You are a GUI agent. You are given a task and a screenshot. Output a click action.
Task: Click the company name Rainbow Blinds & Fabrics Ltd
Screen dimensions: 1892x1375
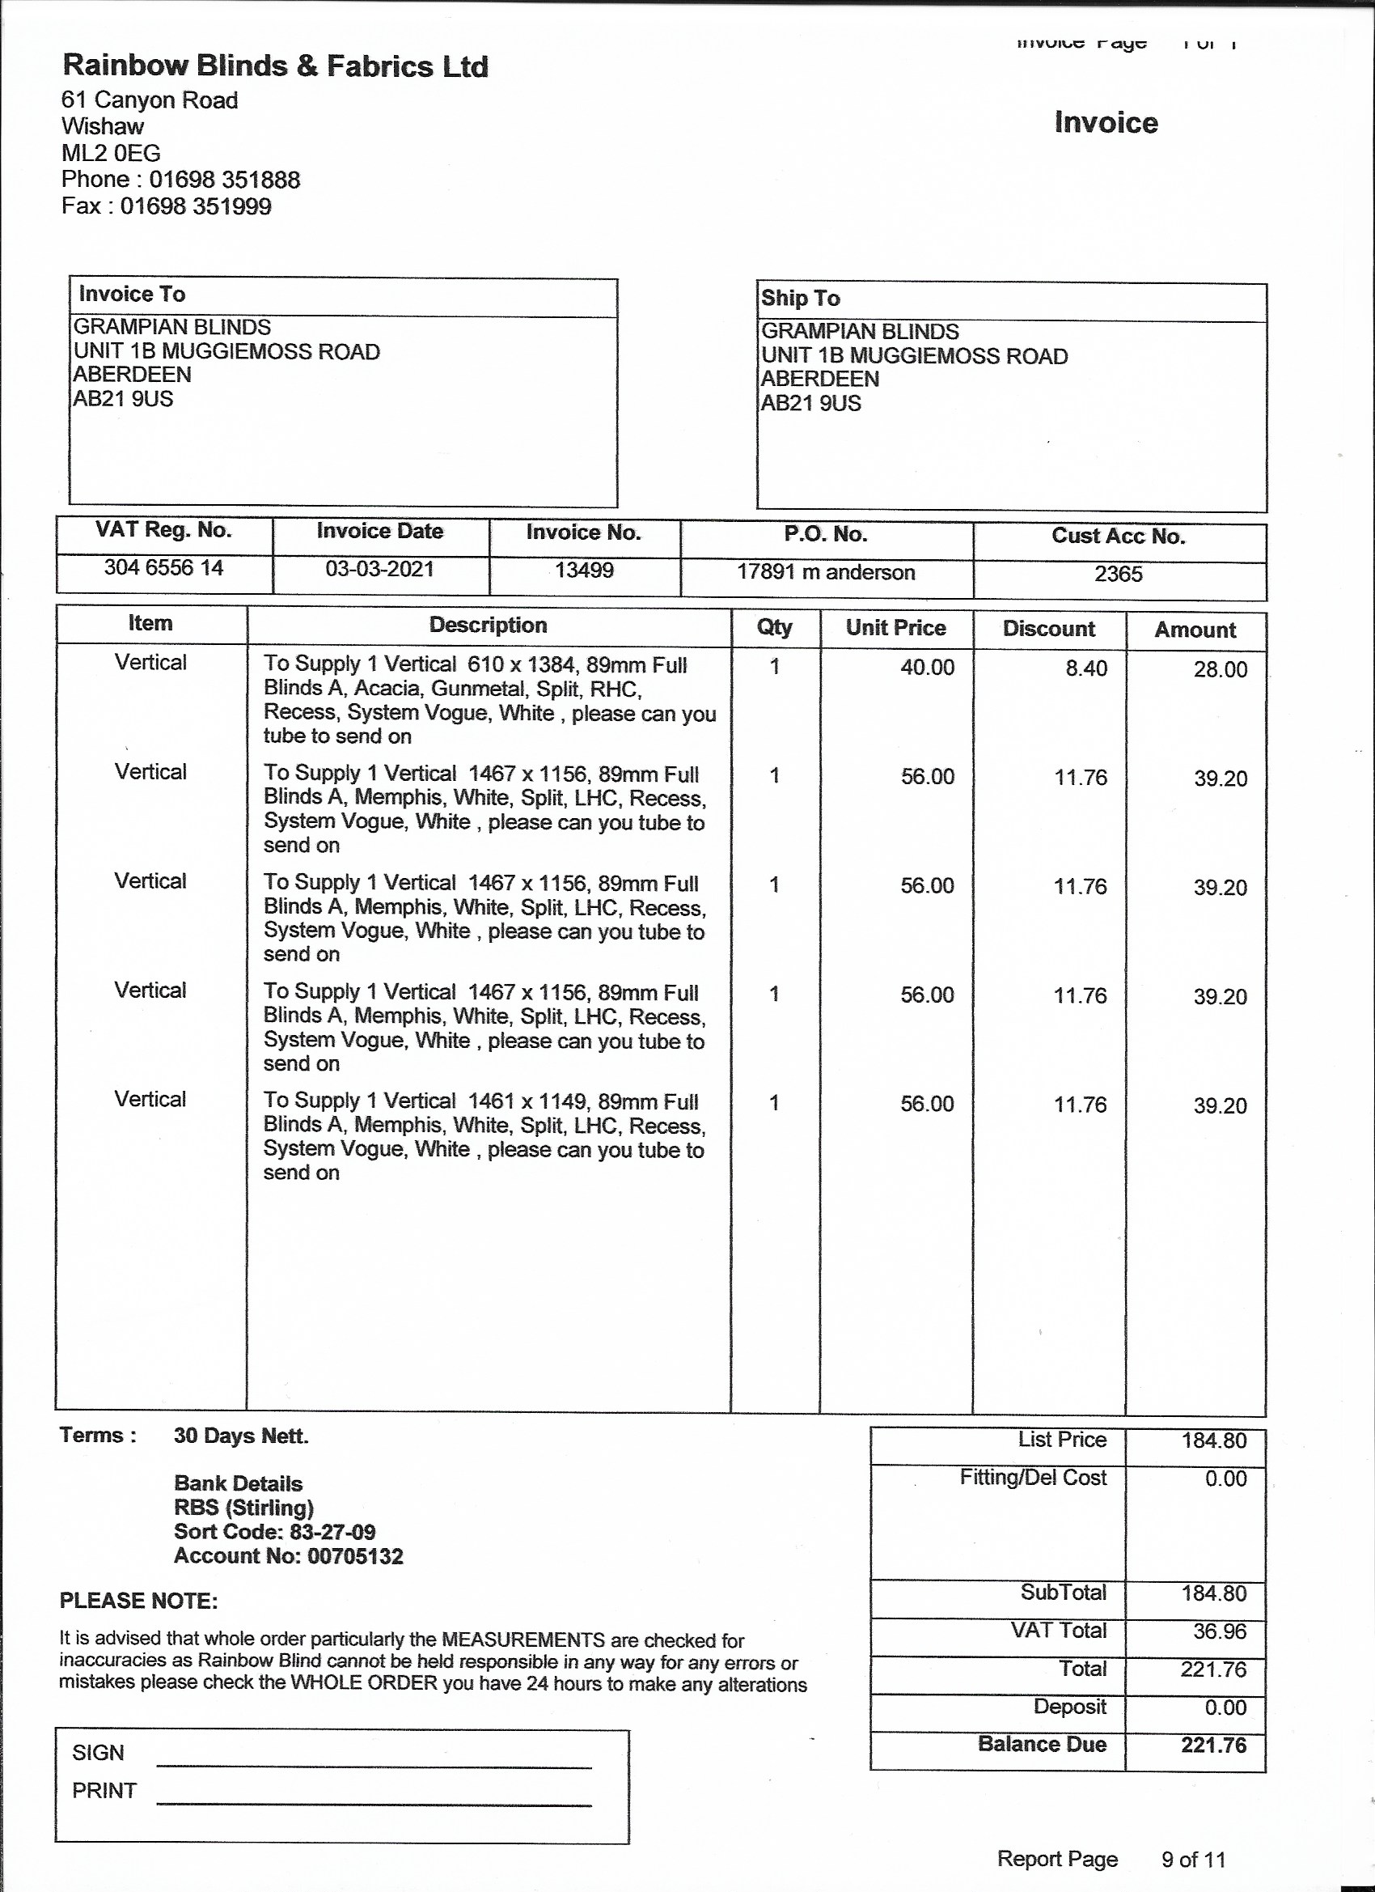pos(275,66)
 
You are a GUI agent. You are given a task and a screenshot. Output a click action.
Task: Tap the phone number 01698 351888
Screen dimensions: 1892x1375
pos(224,180)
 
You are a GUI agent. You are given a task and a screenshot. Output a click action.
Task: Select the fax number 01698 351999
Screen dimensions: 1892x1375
pos(196,206)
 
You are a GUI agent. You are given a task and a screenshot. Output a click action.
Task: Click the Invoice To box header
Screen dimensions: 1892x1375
pos(132,294)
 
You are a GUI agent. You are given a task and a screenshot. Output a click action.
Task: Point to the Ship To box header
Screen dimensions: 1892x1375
pos(801,298)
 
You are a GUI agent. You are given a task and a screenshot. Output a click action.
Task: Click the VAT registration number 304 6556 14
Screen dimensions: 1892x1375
pos(163,568)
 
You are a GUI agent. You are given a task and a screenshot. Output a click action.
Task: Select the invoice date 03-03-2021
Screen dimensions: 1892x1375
pos(379,569)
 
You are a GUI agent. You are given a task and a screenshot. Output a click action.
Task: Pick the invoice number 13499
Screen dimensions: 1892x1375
pos(584,571)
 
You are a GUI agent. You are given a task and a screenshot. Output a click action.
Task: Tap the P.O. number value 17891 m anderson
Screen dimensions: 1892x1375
pos(826,572)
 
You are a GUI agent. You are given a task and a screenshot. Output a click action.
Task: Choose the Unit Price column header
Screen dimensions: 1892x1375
pos(895,627)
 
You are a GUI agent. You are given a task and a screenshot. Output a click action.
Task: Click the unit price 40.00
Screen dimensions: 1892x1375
pos(927,668)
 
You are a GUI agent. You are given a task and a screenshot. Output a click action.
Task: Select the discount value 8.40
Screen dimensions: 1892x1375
pos(1085,668)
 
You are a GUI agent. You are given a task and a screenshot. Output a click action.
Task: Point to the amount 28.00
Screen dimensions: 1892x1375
pos(1220,669)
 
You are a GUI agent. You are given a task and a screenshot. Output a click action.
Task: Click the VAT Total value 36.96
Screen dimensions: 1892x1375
pos(1219,1631)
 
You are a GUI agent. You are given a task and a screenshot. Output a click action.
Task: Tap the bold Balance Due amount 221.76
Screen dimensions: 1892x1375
pos(1213,1745)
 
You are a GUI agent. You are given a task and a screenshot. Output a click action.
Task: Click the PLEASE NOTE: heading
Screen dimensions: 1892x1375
pos(138,1601)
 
